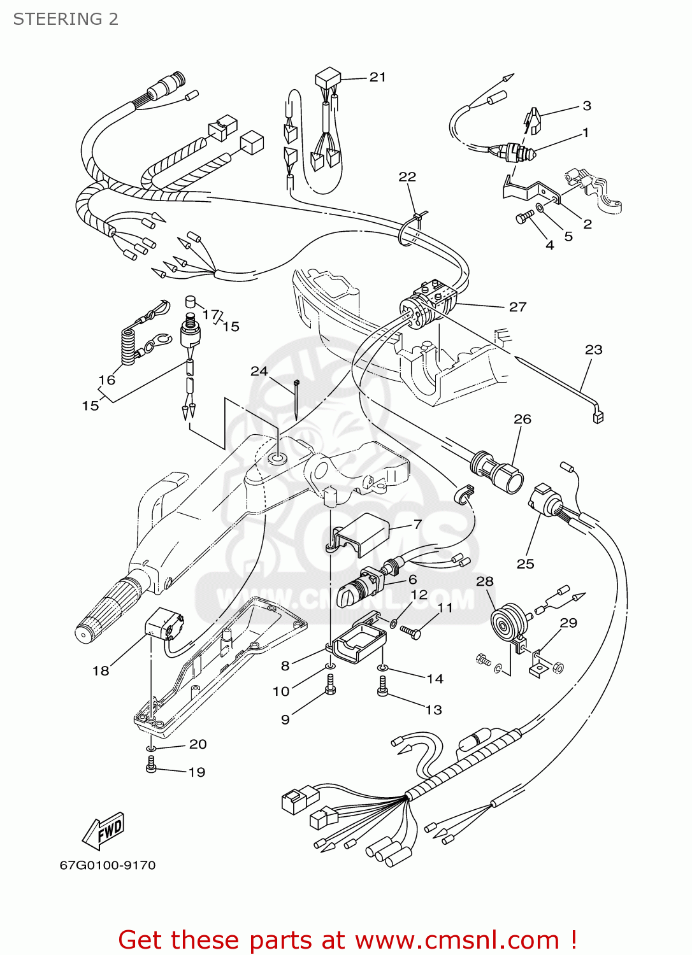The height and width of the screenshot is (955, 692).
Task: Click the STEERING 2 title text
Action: point(66,19)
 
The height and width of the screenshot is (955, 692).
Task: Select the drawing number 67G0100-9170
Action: point(108,865)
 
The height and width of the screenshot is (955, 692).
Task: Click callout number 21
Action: point(378,77)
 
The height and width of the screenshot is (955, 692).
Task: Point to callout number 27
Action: point(517,307)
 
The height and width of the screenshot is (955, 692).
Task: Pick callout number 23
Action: point(593,350)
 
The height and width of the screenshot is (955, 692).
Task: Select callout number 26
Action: point(522,419)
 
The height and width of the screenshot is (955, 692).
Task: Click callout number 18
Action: point(101,670)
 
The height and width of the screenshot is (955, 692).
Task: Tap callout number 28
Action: point(484,581)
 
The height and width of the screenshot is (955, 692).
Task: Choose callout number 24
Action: point(259,371)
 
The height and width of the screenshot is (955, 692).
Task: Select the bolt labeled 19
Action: point(151,765)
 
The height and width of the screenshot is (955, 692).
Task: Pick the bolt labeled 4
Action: point(523,218)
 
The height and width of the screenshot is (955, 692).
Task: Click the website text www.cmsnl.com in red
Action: point(456,940)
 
